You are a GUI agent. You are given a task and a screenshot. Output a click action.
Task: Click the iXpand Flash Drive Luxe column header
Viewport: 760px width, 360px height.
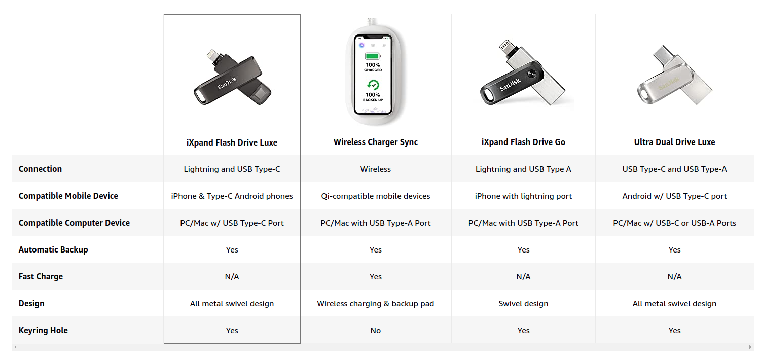(x=232, y=142)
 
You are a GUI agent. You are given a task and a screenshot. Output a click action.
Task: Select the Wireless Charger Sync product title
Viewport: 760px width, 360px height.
(x=376, y=142)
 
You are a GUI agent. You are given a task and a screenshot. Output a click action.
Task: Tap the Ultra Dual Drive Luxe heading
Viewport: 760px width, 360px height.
(x=674, y=142)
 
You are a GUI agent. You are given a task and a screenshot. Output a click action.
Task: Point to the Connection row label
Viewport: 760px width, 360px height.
(x=40, y=169)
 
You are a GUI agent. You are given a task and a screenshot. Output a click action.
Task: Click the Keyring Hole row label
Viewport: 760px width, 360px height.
(x=43, y=330)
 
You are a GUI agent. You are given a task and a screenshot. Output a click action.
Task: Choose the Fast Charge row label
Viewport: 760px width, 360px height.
(x=41, y=276)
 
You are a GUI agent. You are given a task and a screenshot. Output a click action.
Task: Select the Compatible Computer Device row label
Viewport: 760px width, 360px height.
(x=74, y=223)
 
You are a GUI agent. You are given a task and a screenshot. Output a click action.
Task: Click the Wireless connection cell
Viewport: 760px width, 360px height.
(x=376, y=169)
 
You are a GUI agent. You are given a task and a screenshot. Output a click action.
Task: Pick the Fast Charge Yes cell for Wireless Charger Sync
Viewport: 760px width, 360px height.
(x=376, y=276)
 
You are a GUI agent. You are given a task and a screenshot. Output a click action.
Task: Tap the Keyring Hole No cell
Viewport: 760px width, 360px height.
(x=376, y=330)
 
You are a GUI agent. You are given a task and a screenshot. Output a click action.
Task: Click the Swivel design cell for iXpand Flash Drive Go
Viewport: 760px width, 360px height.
(x=523, y=303)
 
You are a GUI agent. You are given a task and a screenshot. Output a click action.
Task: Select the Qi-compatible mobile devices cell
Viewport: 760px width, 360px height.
(x=376, y=196)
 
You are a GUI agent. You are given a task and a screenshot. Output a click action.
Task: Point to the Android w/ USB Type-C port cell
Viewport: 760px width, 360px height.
(x=674, y=196)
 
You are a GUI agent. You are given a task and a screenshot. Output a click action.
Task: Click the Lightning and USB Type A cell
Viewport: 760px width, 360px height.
(x=523, y=169)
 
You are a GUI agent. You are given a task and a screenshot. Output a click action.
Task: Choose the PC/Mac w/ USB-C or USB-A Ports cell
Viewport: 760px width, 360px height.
(x=674, y=223)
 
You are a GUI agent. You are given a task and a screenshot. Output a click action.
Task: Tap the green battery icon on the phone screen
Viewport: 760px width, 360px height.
(x=373, y=56)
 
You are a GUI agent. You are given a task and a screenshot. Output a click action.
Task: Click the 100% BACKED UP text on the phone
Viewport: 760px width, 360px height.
(x=373, y=97)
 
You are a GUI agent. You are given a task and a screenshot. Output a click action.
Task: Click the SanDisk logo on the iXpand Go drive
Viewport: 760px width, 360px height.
(x=510, y=85)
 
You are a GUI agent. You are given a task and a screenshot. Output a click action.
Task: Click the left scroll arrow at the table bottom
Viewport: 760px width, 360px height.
(x=15, y=347)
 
